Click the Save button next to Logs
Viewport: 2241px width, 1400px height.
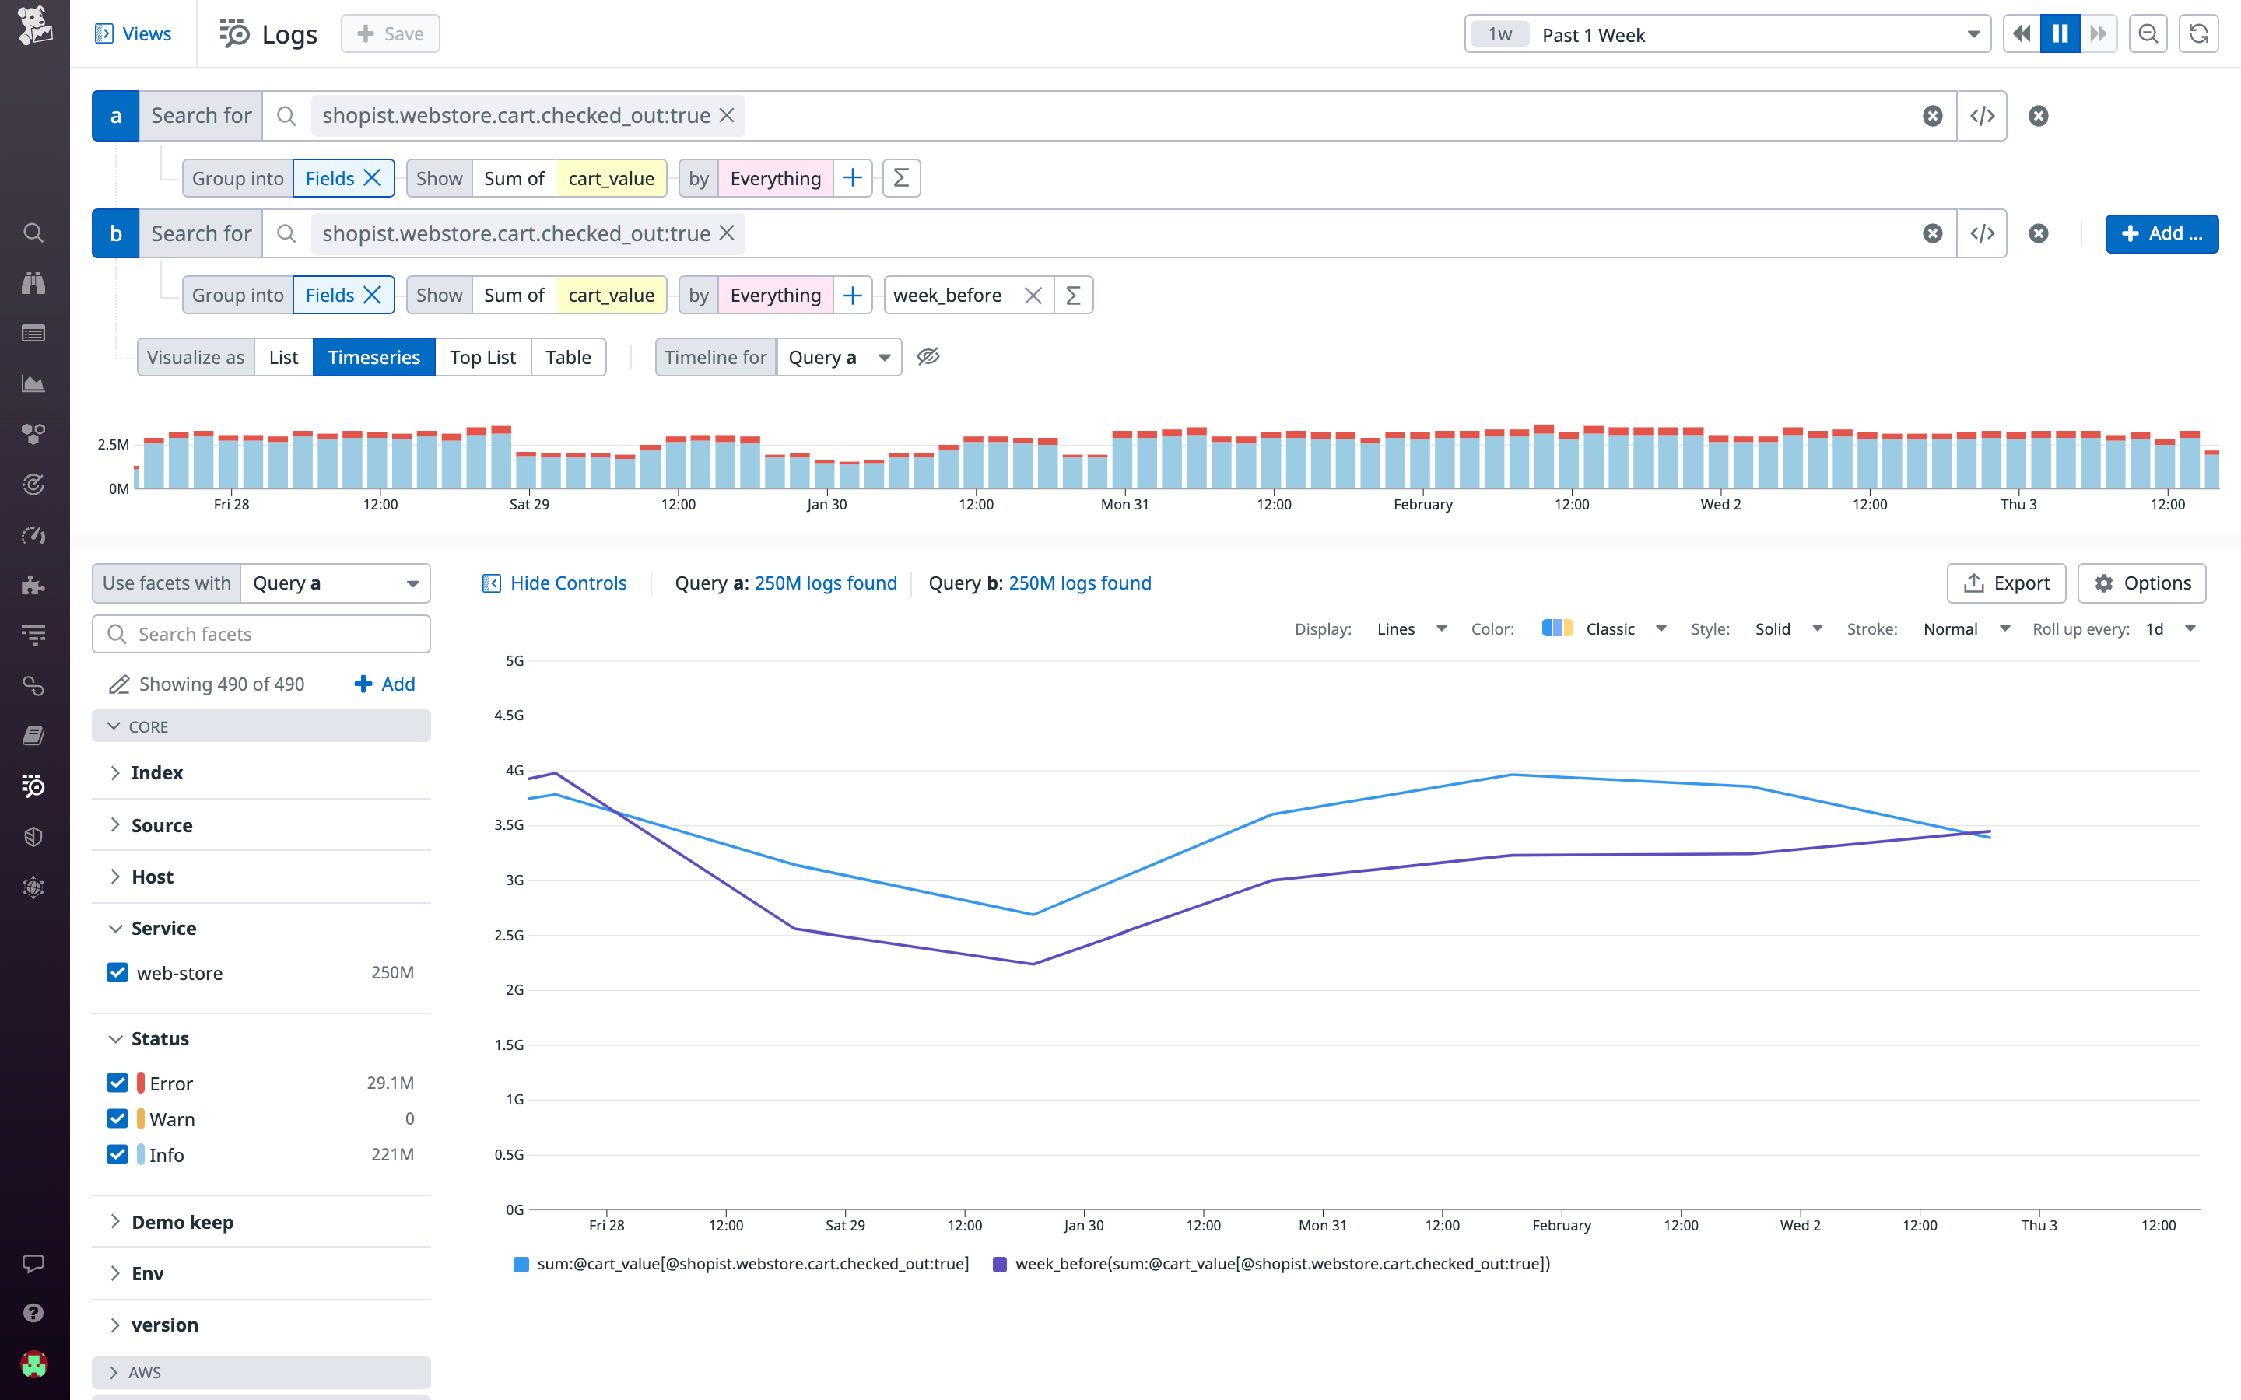click(x=390, y=34)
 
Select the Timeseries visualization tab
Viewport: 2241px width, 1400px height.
click(x=373, y=358)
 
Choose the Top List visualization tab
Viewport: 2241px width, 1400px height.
click(x=482, y=358)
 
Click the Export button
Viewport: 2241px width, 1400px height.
click(x=2006, y=583)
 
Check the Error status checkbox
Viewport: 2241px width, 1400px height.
click(x=117, y=1083)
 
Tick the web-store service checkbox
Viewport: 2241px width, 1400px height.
click(x=117, y=972)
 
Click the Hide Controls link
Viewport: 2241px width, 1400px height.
click(x=555, y=583)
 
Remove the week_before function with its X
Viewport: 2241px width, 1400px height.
click(x=1033, y=296)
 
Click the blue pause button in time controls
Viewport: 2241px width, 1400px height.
click(x=2060, y=34)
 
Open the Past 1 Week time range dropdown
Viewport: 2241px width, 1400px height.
click(x=1727, y=34)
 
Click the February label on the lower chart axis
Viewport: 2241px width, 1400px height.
click(x=1561, y=1225)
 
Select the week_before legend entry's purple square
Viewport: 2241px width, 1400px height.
click(x=999, y=1265)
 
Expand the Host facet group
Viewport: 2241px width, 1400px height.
click(x=152, y=877)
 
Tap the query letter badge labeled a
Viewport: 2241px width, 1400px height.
click(x=116, y=116)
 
